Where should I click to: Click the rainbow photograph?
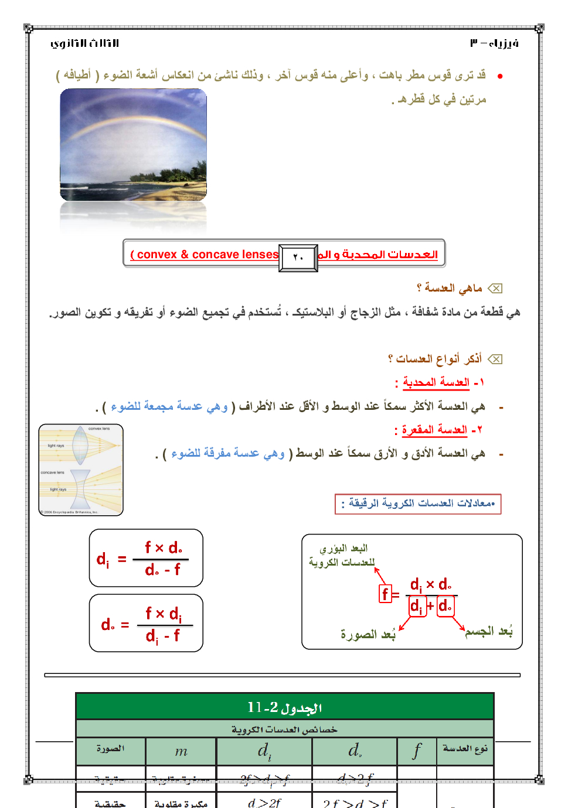pyautogui.click(x=133, y=145)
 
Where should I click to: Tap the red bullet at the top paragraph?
pyautogui.click(x=499, y=76)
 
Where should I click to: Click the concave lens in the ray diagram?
pyautogui.click(x=80, y=489)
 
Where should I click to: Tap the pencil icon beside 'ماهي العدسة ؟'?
pyautogui.click(x=495, y=288)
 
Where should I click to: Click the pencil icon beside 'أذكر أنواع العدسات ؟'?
pyautogui.click(x=495, y=359)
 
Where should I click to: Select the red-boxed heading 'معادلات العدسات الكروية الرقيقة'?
pyautogui.click(x=418, y=504)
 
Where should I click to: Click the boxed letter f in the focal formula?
pyautogui.click(x=385, y=594)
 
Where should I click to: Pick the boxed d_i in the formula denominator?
pyautogui.click(x=416, y=606)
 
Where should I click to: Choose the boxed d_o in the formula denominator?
pyautogui.click(x=445, y=606)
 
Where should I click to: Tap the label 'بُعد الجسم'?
pyautogui.click(x=489, y=631)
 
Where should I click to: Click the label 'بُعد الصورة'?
pyautogui.click(x=368, y=634)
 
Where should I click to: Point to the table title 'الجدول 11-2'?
pyautogui.click(x=285, y=707)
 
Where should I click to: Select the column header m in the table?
pyautogui.click(x=181, y=751)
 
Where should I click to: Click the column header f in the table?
pyautogui.click(x=417, y=751)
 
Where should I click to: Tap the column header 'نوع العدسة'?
pyautogui.click(x=465, y=749)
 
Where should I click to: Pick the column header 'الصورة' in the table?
pyautogui.click(x=110, y=749)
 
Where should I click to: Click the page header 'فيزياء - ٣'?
pyautogui.click(x=494, y=43)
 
